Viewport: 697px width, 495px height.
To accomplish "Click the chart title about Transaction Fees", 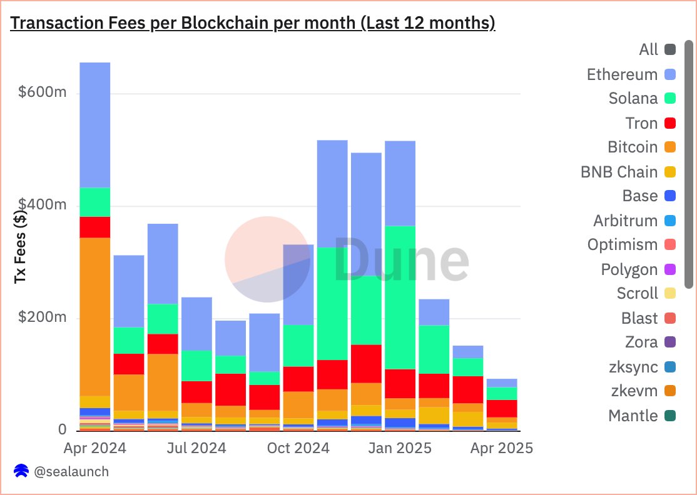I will pyautogui.click(x=253, y=23).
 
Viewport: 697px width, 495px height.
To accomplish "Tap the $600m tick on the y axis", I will pyautogui.click(x=42, y=93).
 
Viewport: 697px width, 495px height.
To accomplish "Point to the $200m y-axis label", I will pyautogui.click(x=42, y=317).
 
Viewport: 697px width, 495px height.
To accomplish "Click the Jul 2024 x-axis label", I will pyautogui.click(x=196, y=448).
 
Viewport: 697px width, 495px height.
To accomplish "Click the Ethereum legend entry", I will pyautogui.click(x=622, y=74).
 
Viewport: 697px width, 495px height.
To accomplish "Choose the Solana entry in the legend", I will pyautogui.click(x=633, y=99).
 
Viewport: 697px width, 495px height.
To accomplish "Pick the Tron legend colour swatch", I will pyautogui.click(x=669, y=123).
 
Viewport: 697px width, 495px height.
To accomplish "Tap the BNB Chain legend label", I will pyautogui.click(x=619, y=172).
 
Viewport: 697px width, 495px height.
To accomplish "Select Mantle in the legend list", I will pyautogui.click(x=633, y=416).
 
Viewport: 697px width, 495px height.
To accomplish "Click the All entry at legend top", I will pyautogui.click(x=649, y=49).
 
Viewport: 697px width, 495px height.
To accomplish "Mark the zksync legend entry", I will pyautogui.click(x=633, y=367).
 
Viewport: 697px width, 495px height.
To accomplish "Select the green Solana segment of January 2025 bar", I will pyautogui.click(x=400, y=297).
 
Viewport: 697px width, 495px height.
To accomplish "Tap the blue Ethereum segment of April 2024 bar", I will pyautogui.click(x=95, y=125).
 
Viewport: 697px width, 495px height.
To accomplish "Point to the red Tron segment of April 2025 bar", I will pyautogui.click(x=502, y=408).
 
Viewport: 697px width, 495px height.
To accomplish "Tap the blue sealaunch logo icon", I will pyautogui.click(x=21, y=471).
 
